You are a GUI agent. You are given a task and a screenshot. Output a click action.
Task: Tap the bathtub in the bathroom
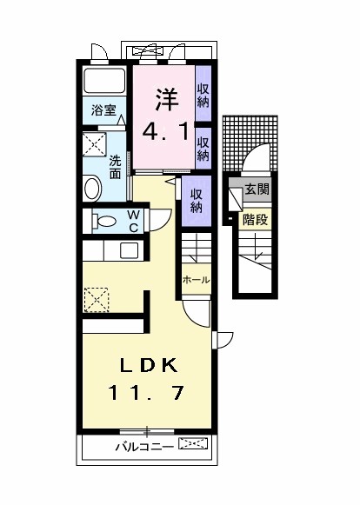click(105, 83)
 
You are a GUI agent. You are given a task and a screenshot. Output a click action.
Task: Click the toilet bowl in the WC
click(103, 222)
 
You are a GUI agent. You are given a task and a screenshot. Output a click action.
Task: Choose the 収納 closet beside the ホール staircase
click(197, 200)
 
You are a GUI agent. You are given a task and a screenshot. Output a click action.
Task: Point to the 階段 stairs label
click(256, 220)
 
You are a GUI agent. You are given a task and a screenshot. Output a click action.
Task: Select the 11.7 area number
click(146, 394)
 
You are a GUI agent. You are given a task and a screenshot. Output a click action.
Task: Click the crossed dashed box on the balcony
click(193, 446)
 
